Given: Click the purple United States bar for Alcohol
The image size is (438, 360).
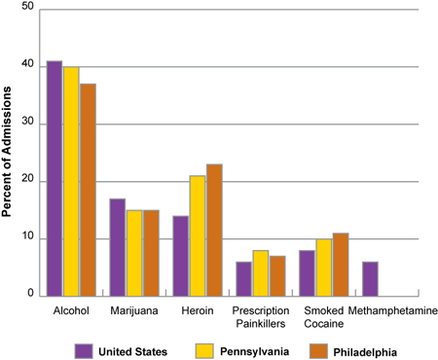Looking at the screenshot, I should (x=55, y=179).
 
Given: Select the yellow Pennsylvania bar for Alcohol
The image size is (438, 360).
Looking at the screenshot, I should (x=71, y=182).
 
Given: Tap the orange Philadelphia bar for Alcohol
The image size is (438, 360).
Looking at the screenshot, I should (x=88, y=191).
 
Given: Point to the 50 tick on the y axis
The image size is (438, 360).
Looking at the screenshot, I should (x=26, y=8).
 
